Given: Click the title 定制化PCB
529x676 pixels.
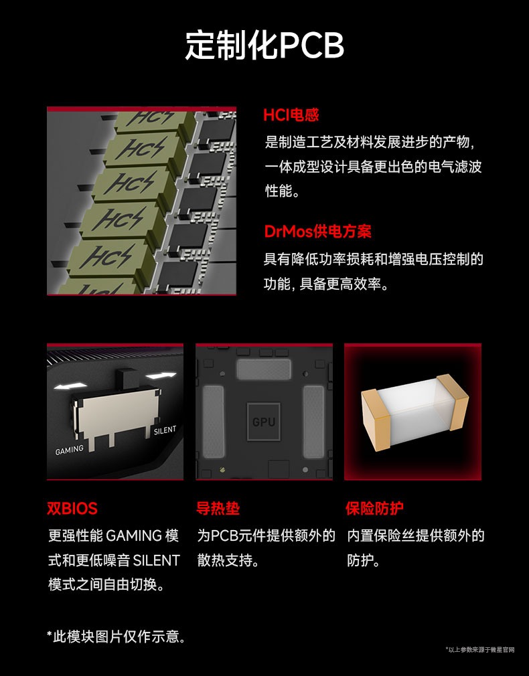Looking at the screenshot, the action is (x=264, y=45).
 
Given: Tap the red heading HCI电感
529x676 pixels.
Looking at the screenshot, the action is (x=291, y=115).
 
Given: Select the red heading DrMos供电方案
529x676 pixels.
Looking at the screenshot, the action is (x=317, y=232).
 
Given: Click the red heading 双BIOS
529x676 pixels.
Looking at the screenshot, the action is (x=72, y=508).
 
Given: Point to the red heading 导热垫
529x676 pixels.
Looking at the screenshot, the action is (x=218, y=508).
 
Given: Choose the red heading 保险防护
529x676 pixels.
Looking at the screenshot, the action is (x=374, y=508).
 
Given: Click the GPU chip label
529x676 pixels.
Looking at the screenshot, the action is (x=264, y=422).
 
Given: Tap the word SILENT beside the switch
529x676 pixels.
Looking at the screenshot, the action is (x=165, y=430).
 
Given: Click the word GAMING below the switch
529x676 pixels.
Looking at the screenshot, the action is (x=69, y=450).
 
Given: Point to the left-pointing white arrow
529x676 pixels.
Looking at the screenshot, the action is (x=70, y=386).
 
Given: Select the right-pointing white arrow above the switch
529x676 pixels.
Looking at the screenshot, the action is (x=161, y=375).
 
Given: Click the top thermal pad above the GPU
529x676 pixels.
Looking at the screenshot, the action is (x=264, y=370).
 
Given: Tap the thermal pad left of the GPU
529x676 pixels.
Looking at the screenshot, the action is (x=214, y=422).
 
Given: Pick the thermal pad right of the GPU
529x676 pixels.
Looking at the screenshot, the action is (x=313, y=422).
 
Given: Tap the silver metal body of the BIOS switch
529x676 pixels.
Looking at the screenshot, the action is (x=117, y=412).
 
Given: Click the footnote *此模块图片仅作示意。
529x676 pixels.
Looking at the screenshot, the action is (x=116, y=637).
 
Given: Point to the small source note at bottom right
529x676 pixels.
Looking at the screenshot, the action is (x=480, y=650).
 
